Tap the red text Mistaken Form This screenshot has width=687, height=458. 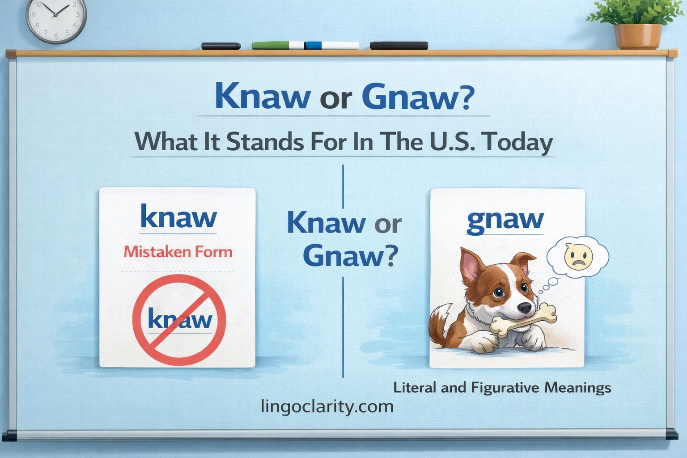click(178, 252)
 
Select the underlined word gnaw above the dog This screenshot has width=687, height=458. click(505, 220)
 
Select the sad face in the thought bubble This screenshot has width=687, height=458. click(578, 256)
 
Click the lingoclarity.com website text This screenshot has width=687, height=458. click(327, 406)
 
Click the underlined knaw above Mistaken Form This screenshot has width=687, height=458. click(178, 218)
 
